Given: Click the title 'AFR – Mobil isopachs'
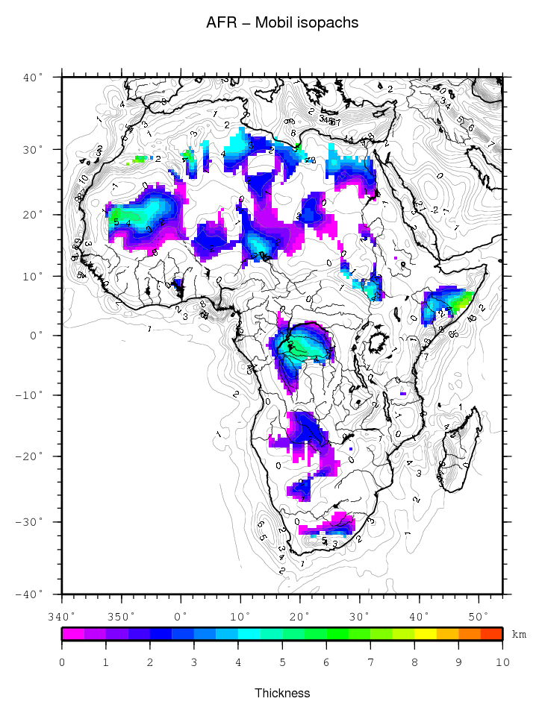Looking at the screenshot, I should (x=282, y=23).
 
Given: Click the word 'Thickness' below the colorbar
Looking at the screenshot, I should (x=282, y=693).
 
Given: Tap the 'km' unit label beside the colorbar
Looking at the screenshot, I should (x=519, y=634).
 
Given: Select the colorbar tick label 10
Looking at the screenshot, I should (x=502, y=662).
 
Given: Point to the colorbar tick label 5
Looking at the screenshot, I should (x=282, y=662).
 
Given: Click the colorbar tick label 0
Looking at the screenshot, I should (x=62, y=662).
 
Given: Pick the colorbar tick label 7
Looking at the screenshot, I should (x=370, y=662).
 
